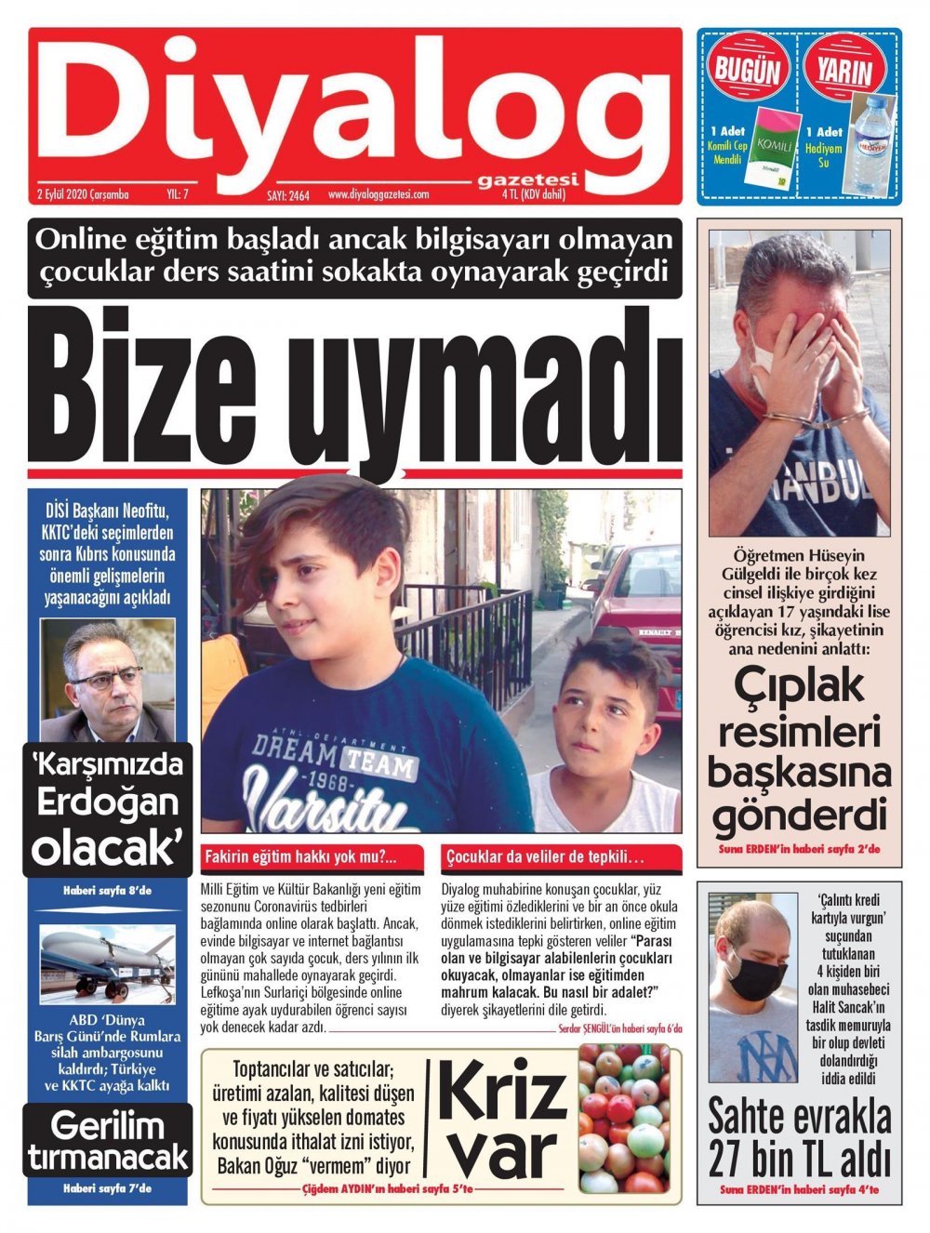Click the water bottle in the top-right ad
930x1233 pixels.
869,143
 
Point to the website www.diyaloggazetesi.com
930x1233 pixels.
378,194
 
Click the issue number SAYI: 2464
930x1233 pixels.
287,195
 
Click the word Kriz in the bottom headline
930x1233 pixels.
502,1094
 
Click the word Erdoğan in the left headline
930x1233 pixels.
106,804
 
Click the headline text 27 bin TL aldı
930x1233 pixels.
799,1160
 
